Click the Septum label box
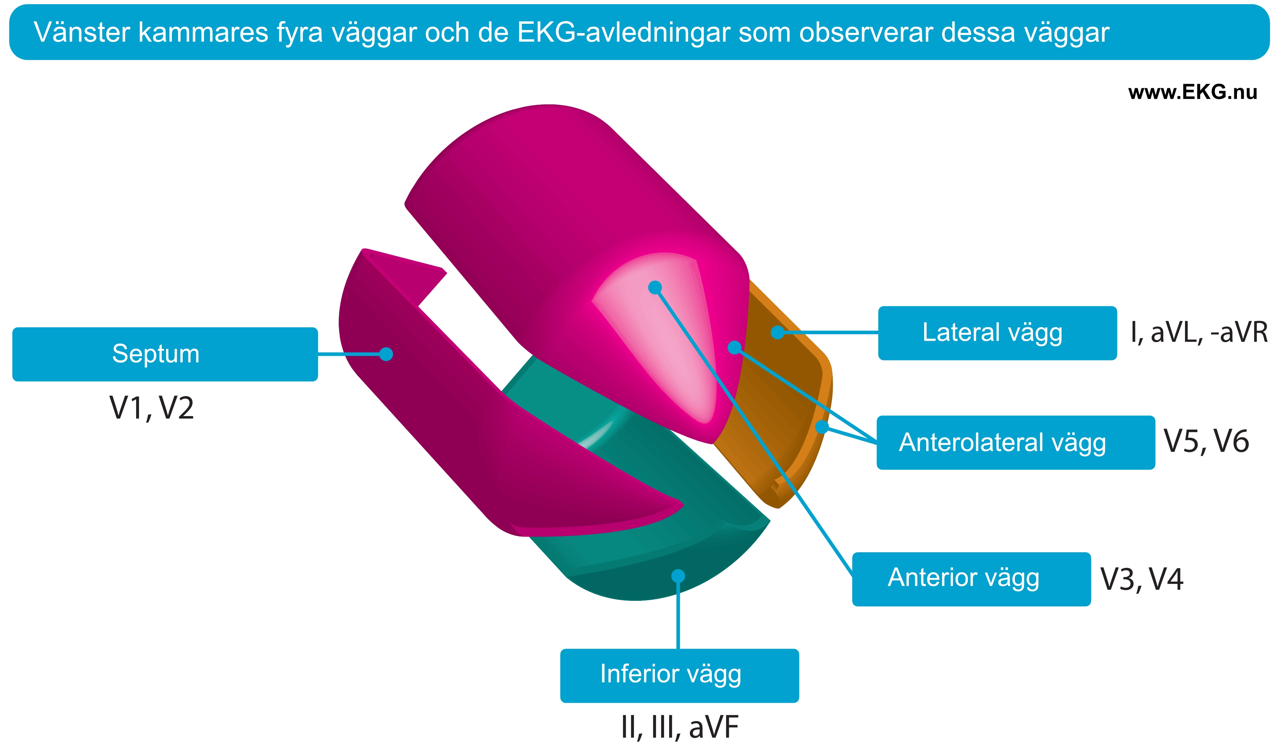tap(165, 354)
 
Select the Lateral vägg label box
tap(997, 333)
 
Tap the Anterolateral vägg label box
tap(1016, 443)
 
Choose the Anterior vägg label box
tap(971, 579)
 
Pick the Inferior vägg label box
tap(679, 676)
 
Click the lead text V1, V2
tap(152, 408)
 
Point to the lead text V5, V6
tap(1206, 441)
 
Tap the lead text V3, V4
tap(1142, 579)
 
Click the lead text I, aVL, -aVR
tap(1199, 333)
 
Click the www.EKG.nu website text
tap(1192, 92)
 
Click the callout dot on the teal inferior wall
tap(678, 576)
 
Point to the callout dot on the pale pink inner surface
tap(655, 288)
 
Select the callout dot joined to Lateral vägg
tap(777, 332)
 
